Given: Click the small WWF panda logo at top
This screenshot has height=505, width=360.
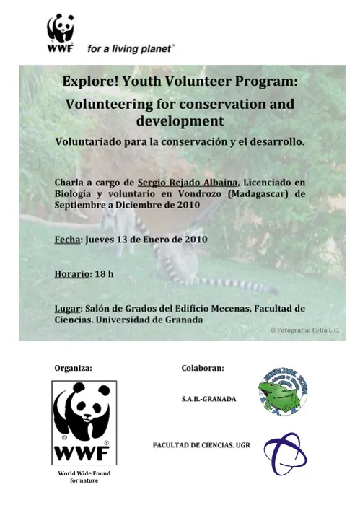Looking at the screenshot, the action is pyautogui.click(x=61, y=33).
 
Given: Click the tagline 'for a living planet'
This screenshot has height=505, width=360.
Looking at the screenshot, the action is pyautogui.click(x=131, y=49).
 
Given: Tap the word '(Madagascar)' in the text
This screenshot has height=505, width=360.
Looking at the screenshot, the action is pyautogui.click(x=256, y=193).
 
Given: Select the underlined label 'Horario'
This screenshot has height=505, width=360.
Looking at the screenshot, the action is pyautogui.click(x=72, y=274).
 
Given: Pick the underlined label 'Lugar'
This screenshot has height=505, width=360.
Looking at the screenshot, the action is pyautogui.click(x=67, y=309).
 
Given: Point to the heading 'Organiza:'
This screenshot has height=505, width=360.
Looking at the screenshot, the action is pyautogui.click(x=73, y=368).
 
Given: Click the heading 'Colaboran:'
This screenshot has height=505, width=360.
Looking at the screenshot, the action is pyautogui.click(x=203, y=368).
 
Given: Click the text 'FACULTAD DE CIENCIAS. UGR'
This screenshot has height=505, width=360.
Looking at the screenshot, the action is pyautogui.click(x=201, y=446).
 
